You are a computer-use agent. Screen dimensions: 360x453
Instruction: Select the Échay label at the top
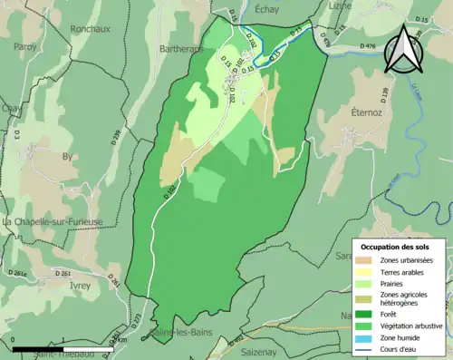(268, 7)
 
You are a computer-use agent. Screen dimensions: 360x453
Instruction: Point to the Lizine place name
(341, 5)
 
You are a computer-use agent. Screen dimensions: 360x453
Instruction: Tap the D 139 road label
(384, 94)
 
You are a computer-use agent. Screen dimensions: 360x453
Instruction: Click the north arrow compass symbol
(401, 50)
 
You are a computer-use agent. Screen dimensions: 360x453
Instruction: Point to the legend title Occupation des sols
(395, 247)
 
